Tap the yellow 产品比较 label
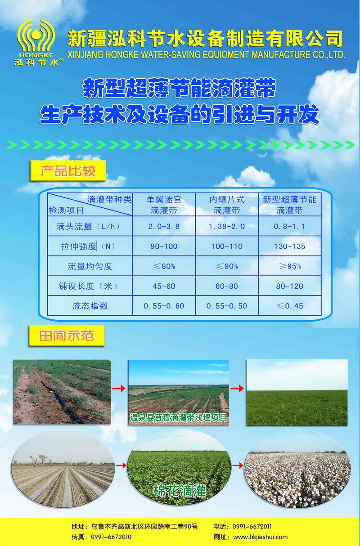(x=68, y=170)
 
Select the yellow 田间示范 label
(x=67, y=336)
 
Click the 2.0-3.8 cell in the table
(x=164, y=226)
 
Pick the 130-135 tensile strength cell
(x=289, y=246)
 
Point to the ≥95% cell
(x=290, y=266)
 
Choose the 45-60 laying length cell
(x=164, y=286)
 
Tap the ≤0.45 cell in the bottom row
(x=290, y=306)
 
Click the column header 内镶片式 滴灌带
(x=227, y=205)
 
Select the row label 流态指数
(x=90, y=306)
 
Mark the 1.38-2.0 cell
(x=227, y=226)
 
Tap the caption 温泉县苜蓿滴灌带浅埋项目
(x=178, y=417)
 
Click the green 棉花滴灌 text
(x=180, y=490)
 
